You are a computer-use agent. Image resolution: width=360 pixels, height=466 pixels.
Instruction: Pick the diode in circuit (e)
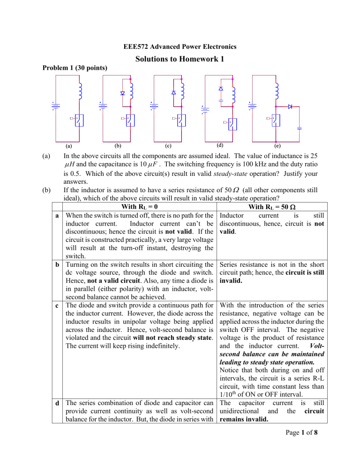[x=290, y=107]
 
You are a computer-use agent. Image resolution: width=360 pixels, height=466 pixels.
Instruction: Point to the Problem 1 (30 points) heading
[x=73, y=68]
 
